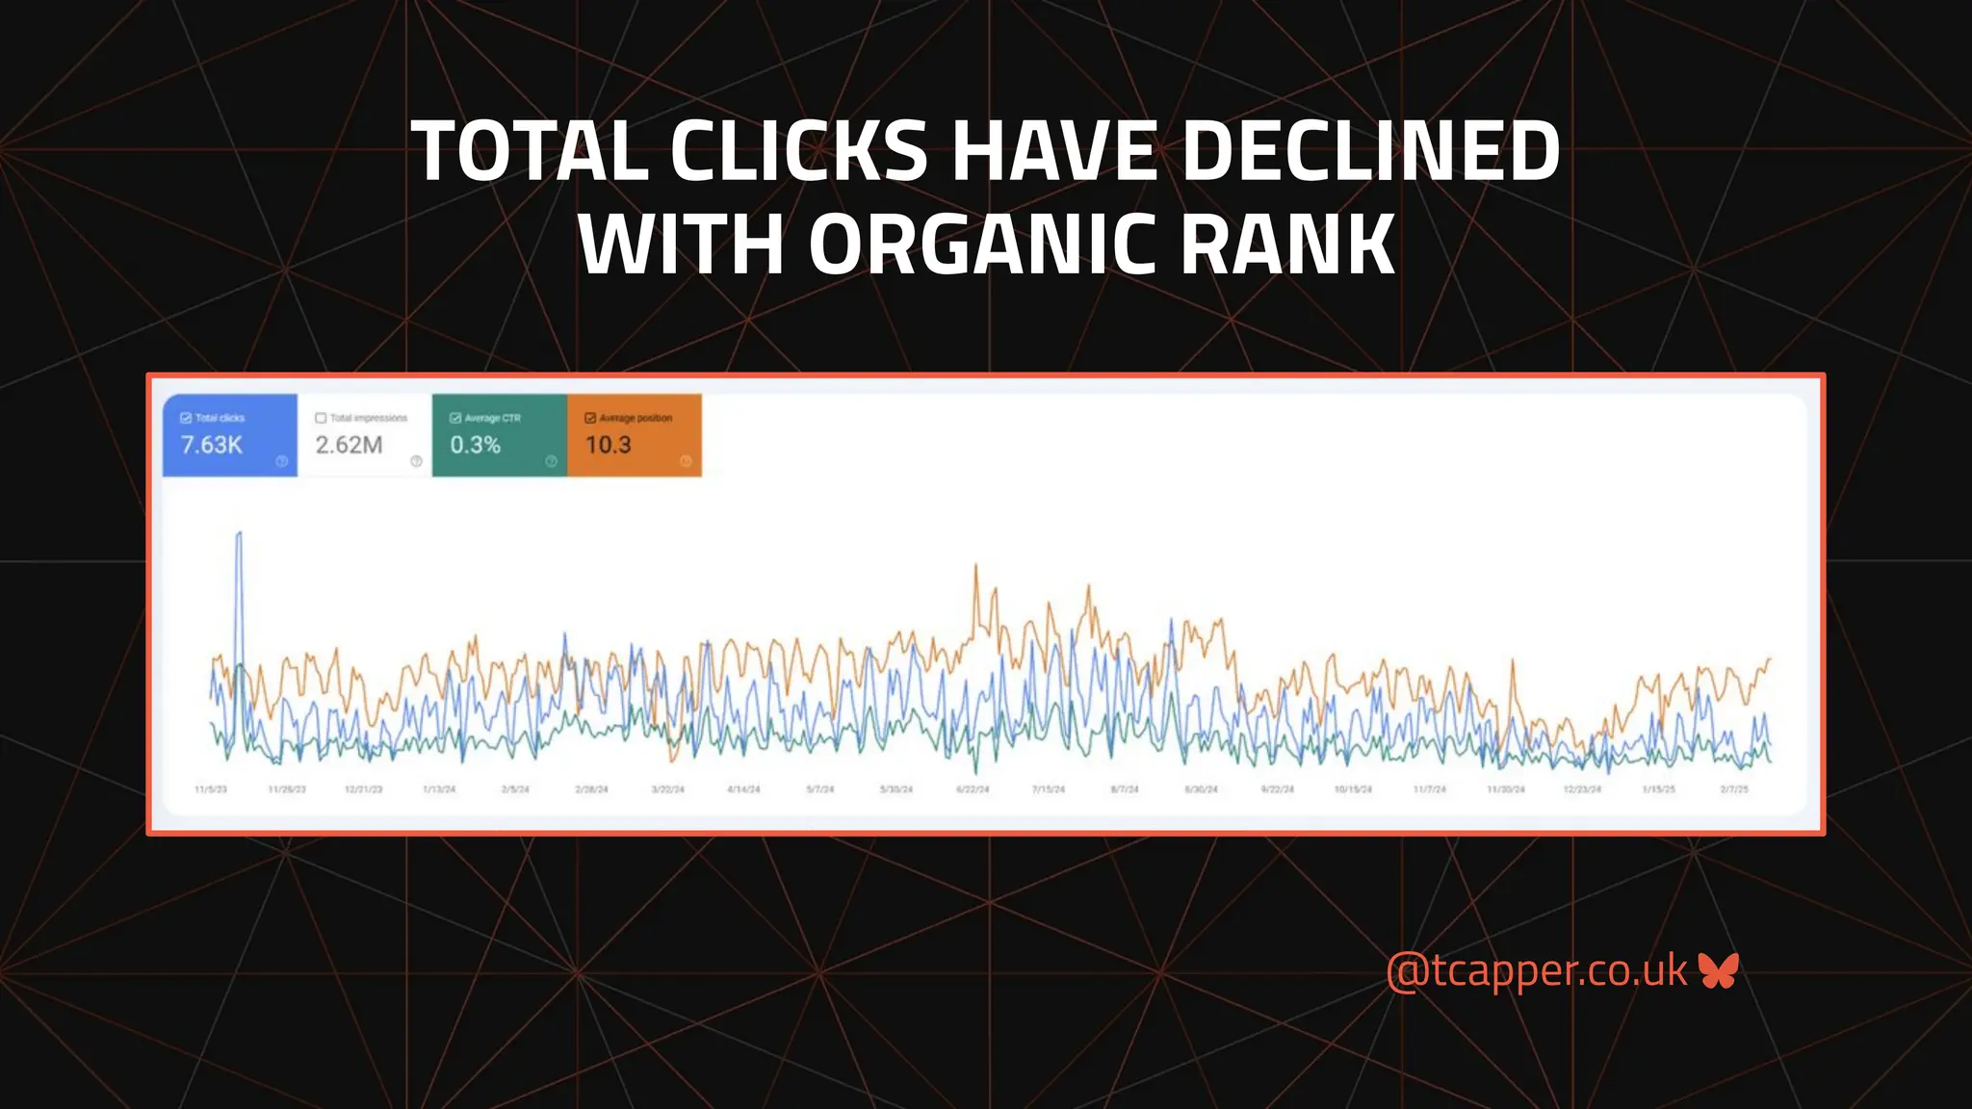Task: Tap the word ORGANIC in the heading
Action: pos(982,245)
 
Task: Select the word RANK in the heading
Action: pos(1287,245)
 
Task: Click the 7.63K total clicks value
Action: pos(212,445)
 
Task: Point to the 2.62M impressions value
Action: pos(349,445)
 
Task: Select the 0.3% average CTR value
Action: pos(476,445)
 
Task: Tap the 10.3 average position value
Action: pos(609,445)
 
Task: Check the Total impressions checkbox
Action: pos(321,418)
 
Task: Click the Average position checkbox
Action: pos(590,418)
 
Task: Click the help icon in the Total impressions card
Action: pos(416,461)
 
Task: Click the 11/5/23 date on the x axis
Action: pos(211,789)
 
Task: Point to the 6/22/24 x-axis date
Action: pos(973,789)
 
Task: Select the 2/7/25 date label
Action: pos(1734,789)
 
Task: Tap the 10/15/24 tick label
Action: pos(1353,789)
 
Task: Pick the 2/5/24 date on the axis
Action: pos(515,789)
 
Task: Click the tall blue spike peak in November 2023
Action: pos(239,533)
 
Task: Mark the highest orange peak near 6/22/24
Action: pos(975,566)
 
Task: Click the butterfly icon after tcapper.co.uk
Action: pos(1719,970)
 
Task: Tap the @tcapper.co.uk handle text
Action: pos(1537,970)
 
